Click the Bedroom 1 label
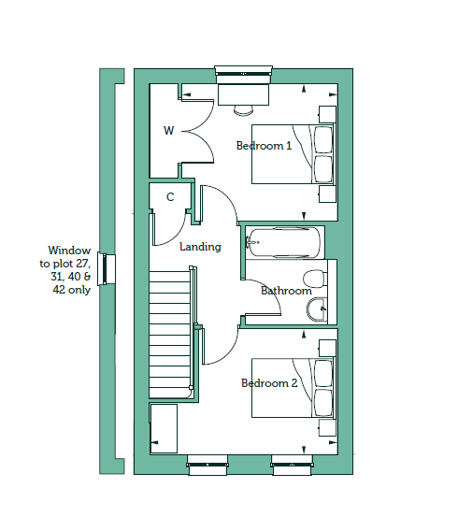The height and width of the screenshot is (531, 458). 264,146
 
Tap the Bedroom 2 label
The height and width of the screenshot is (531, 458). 269,383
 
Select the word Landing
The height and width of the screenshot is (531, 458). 200,247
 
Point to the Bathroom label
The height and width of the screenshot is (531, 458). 286,291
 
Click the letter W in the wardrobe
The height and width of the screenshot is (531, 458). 168,130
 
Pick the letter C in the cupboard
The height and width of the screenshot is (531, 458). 170,196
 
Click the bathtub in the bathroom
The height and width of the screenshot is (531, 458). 282,242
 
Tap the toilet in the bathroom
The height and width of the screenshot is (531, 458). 315,279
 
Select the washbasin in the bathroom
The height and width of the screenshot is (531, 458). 317,309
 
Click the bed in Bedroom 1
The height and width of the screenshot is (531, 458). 293,154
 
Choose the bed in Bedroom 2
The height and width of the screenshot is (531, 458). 293,388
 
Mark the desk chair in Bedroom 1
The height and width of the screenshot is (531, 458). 243,109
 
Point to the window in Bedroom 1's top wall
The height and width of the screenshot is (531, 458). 243,74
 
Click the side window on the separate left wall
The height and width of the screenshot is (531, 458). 107,269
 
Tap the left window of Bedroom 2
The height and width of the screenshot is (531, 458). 208,465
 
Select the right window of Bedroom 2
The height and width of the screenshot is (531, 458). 292,465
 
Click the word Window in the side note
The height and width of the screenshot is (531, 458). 69,251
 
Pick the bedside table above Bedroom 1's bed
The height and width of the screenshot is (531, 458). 327,114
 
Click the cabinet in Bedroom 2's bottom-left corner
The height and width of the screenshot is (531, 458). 164,428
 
